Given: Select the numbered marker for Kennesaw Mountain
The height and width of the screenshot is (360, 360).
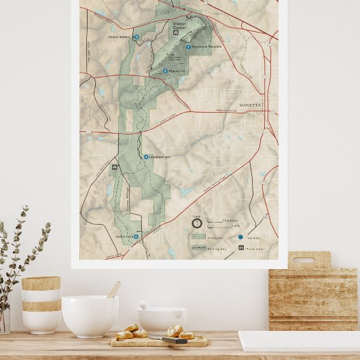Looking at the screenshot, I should click(x=188, y=46).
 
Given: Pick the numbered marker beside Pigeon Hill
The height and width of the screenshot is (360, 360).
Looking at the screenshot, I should click(x=164, y=71).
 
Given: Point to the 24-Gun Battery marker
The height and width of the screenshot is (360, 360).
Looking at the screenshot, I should click(x=137, y=37).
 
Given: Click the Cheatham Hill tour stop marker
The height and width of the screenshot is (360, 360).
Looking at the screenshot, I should click(x=145, y=157).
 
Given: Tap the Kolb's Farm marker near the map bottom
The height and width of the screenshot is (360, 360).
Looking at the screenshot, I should click(x=136, y=236).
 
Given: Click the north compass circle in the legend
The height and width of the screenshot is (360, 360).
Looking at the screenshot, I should click(x=197, y=223).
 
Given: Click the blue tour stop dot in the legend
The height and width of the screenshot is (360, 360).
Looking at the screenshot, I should click(x=240, y=237).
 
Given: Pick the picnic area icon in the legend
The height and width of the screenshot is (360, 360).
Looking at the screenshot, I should click(x=240, y=248).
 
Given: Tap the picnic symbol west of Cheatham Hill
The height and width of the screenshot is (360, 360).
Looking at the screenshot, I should click(x=115, y=166).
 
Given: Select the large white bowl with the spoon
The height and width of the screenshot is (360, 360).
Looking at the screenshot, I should click(x=90, y=315).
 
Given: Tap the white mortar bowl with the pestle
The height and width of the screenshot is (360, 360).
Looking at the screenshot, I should click(x=161, y=320).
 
